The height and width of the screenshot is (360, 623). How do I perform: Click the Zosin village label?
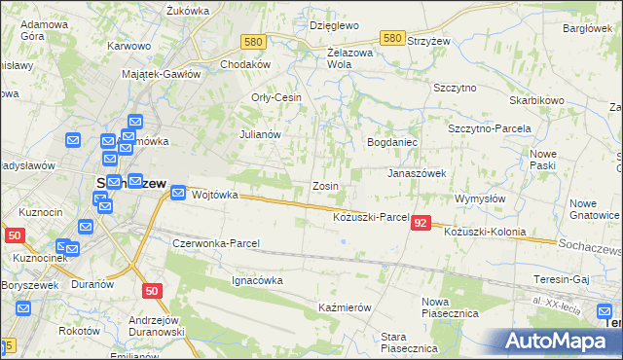(x=324, y=185)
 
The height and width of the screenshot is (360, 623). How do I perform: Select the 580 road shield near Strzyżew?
(x=392, y=38)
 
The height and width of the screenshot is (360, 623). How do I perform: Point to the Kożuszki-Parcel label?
(x=370, y=216)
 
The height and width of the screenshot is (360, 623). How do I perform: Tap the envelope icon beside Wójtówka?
(x=178, y=194)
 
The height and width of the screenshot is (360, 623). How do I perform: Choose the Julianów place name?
(x=260, y=134)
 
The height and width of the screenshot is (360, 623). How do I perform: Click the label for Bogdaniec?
(x=391, y=142)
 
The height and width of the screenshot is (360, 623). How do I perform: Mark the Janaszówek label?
(x=417, y=173)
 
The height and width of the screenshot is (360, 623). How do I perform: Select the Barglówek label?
(x=587, y=29)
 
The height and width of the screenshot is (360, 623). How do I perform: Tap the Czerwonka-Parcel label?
(x=214, y=242)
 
